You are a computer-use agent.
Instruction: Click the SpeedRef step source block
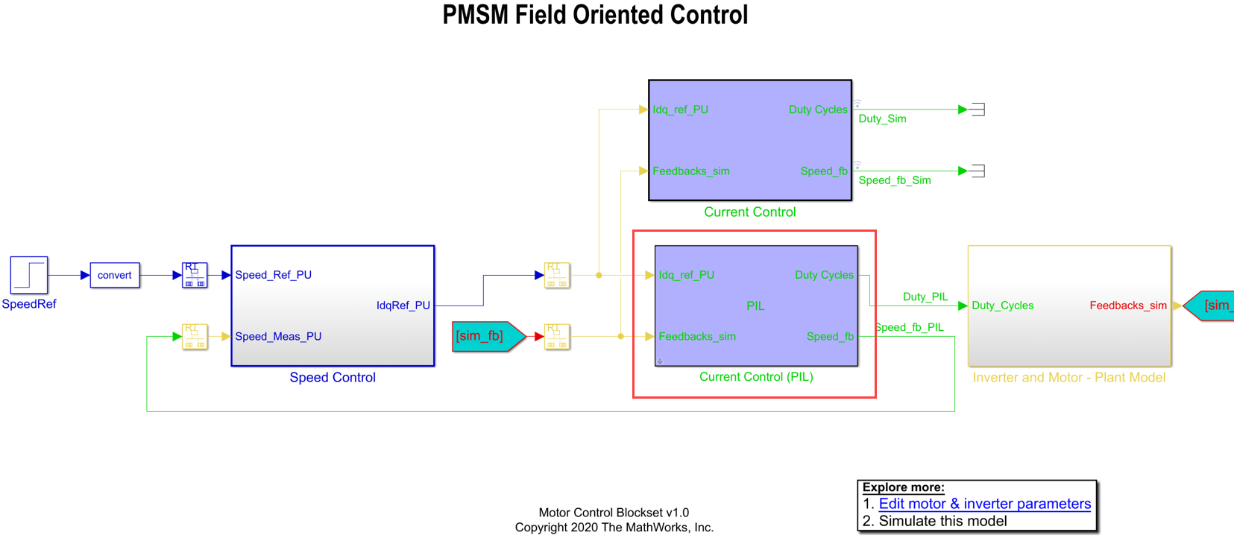(x=29, y=275)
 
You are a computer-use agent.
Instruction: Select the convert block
(x=115, y=275)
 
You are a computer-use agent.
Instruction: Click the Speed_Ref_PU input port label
(x=273, y=275)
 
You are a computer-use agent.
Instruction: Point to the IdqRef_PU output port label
(x=403, y=306)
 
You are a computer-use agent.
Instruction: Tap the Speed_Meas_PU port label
(x=278, y=337)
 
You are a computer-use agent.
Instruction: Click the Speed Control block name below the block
(x=333, y=378)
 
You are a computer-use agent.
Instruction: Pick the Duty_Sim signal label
(x=882, y=119)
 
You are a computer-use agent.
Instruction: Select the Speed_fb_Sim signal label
(x=894, y=180)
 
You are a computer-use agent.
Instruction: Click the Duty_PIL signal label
(x=925, y=297)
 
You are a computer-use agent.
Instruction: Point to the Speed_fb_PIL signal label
(x=909, y=327)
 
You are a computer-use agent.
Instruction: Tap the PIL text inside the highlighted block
(x=755, y=306)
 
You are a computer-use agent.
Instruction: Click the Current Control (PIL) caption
(x=756, y=377)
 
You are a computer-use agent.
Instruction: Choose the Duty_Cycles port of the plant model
(x=1002, y=306)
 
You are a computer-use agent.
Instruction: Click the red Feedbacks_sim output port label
(x=1127, y=306)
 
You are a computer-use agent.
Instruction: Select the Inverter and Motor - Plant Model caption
(x=1068, y=378)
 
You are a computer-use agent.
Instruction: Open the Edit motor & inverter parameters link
(x=984, y=504)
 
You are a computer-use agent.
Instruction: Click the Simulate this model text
(x=942, y=522)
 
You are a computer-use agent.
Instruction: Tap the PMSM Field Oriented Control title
(x=595, y=15)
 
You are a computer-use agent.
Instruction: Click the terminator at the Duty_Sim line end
(x=978, y=110)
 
